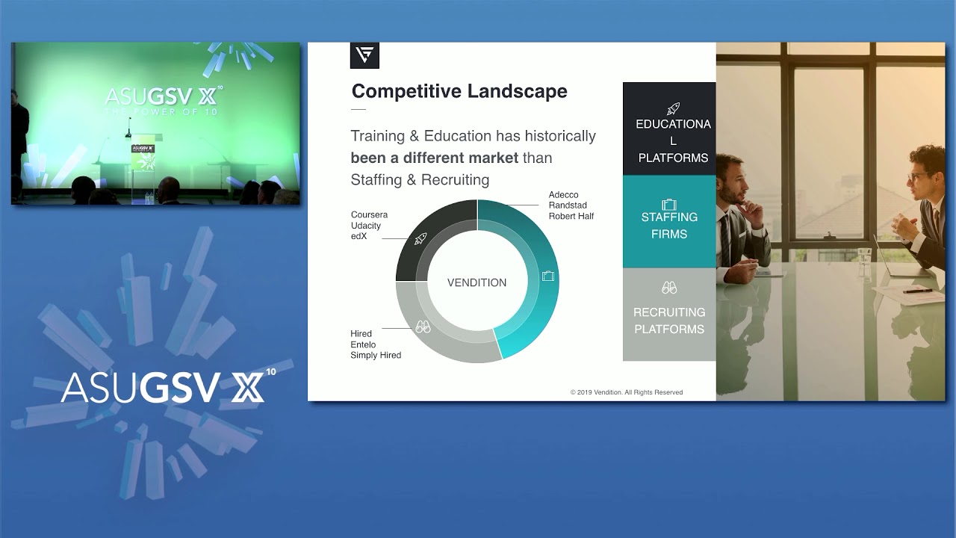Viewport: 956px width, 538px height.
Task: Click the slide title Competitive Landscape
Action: [x=459, y=91]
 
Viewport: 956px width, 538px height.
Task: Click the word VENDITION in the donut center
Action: [x=477, y=282]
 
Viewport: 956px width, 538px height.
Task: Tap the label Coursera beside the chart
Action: [x=369, y=215]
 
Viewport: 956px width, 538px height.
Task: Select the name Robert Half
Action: [x=571, y=217]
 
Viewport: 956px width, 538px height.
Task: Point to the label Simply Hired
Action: [x=376, y=356]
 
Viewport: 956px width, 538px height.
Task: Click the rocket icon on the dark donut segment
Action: [x=420, y=238]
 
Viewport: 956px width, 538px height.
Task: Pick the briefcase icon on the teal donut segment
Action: [x=548, y=276]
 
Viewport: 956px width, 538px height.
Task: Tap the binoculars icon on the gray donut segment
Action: [x=423, y=327]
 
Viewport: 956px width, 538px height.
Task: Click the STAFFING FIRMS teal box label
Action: [x=669, y=225]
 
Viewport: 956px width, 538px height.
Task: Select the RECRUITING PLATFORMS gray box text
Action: [x=669, y=321]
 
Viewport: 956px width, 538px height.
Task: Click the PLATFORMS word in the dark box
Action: [x=673, y=158]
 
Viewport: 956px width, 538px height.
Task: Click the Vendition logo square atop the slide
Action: [x=364, y=55]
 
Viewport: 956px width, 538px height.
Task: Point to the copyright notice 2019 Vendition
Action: [x=626, y=392]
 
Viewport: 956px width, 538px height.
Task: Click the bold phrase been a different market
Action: [x=435, y=158]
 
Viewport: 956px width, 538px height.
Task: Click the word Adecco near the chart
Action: [x=563, y=195]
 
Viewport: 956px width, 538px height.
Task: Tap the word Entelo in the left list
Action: [x=363, y=344]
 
